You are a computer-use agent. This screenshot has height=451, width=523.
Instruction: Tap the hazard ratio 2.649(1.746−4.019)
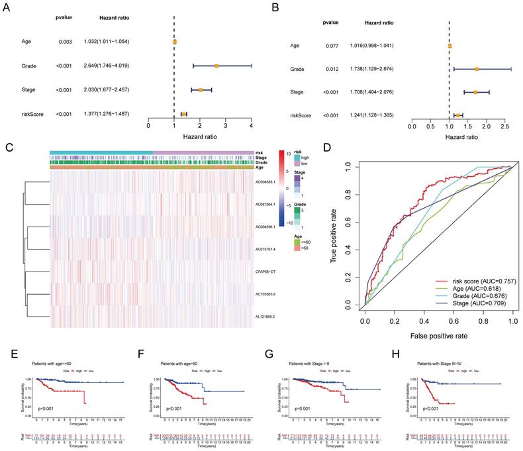(x=107, y=66)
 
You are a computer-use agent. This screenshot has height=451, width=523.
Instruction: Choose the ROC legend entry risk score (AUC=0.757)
(x=475, y=281)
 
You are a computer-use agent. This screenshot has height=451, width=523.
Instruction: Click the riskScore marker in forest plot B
(x=457, y=115)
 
